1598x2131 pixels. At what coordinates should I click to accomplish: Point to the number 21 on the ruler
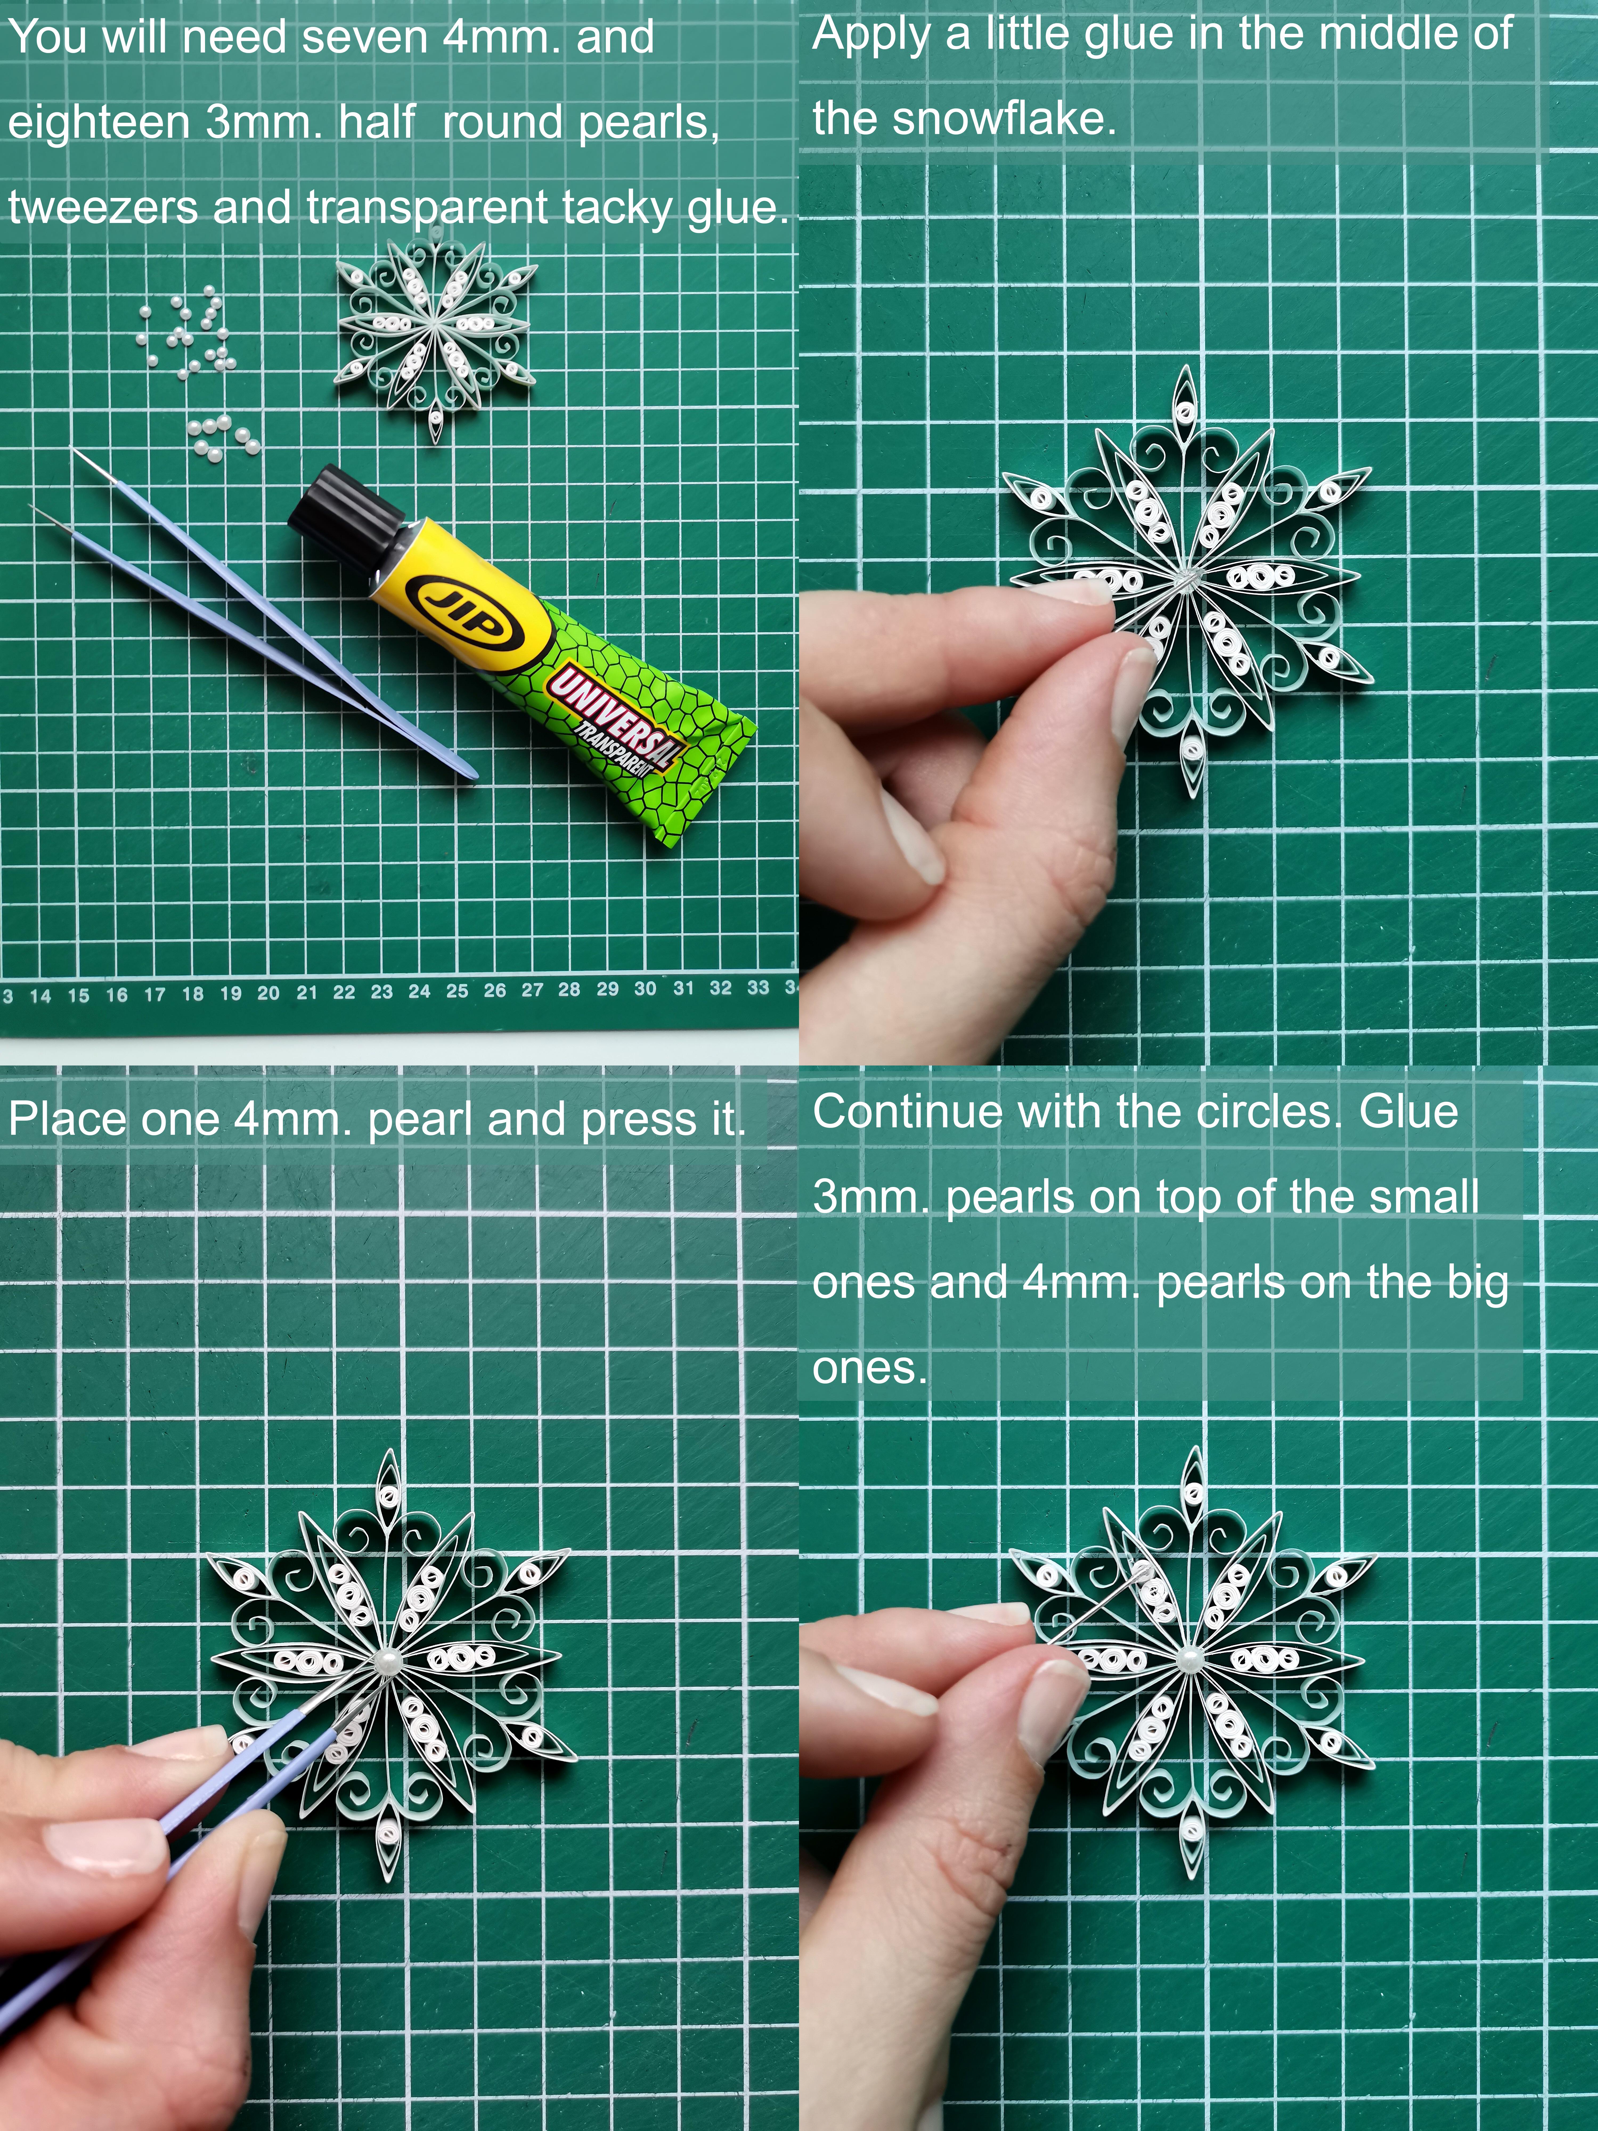pyautogui.click(x=306, y=992)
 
